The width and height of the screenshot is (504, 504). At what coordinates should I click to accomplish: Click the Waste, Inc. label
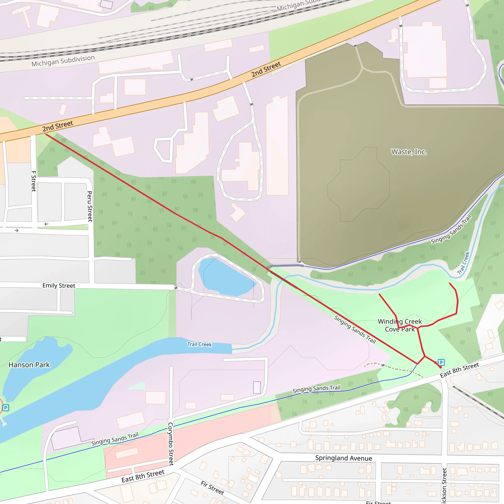tap(409, 152)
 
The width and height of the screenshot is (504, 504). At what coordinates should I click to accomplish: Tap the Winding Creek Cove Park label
tap(400, 325)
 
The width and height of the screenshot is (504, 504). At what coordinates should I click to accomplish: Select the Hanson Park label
tap(29, 365)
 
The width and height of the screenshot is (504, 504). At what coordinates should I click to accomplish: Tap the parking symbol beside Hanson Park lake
tap(5, 408)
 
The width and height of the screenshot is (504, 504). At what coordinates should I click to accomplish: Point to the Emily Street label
tap(59, 286)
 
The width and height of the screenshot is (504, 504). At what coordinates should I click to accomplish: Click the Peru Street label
tap(90, 206)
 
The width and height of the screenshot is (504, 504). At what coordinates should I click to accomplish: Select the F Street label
tap(34, 181)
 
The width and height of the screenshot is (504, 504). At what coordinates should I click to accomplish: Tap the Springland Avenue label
tap(344, 458)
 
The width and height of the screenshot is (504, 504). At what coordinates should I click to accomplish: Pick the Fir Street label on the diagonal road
tap(212, 488)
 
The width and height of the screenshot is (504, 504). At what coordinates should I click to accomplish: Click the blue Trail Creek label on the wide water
tap(200, 344)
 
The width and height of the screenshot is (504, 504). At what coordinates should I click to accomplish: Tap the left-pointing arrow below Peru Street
tap(46, 224)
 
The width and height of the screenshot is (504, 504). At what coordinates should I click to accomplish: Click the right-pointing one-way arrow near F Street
tap(16, 230)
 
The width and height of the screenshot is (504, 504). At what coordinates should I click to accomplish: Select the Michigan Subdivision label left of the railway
tap(63, 61)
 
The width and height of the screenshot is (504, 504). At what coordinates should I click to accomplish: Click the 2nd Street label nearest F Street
tap(58, 126)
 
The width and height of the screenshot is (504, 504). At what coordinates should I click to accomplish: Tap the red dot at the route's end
tap(441, 367)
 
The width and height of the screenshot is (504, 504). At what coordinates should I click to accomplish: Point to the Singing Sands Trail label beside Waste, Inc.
tap(451, 229)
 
